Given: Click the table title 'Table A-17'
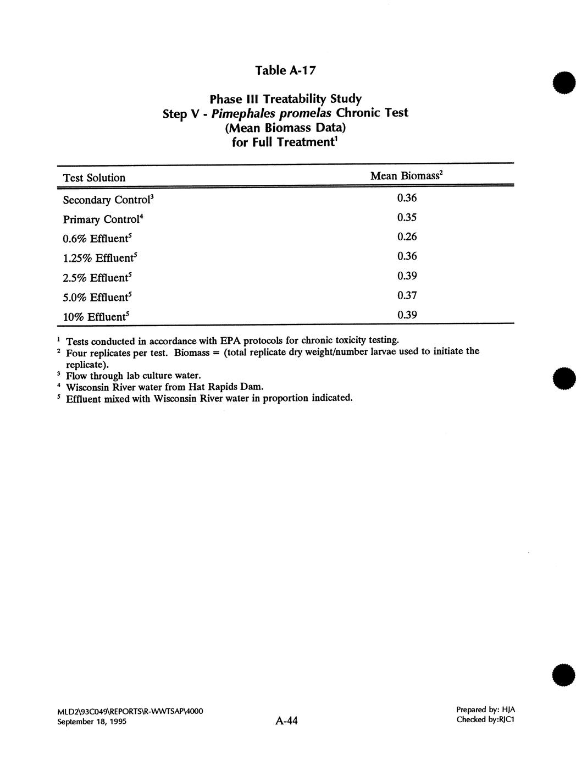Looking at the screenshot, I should click(x=285, y=70).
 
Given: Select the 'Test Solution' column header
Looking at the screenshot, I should click(x=94, y=178).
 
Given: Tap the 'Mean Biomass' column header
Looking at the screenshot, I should click(x=406, y=176).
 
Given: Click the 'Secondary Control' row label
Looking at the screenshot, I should click(x=108, y=200).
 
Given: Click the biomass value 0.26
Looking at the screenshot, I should click(x=407, y=237).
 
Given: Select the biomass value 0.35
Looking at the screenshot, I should click(x=407, y=217).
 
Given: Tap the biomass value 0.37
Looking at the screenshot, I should click(x=407, y=295).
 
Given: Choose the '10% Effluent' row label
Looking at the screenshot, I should click(x=96, y=317).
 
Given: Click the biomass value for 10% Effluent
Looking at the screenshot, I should click(x=407, y=315).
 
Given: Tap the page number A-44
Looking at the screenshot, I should click(x=286, y=721).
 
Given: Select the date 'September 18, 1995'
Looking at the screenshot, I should click(x=92, y=721).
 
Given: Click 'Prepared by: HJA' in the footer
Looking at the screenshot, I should click(x=485, y=710).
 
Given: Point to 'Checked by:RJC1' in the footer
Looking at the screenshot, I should click(x=485, y=719).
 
